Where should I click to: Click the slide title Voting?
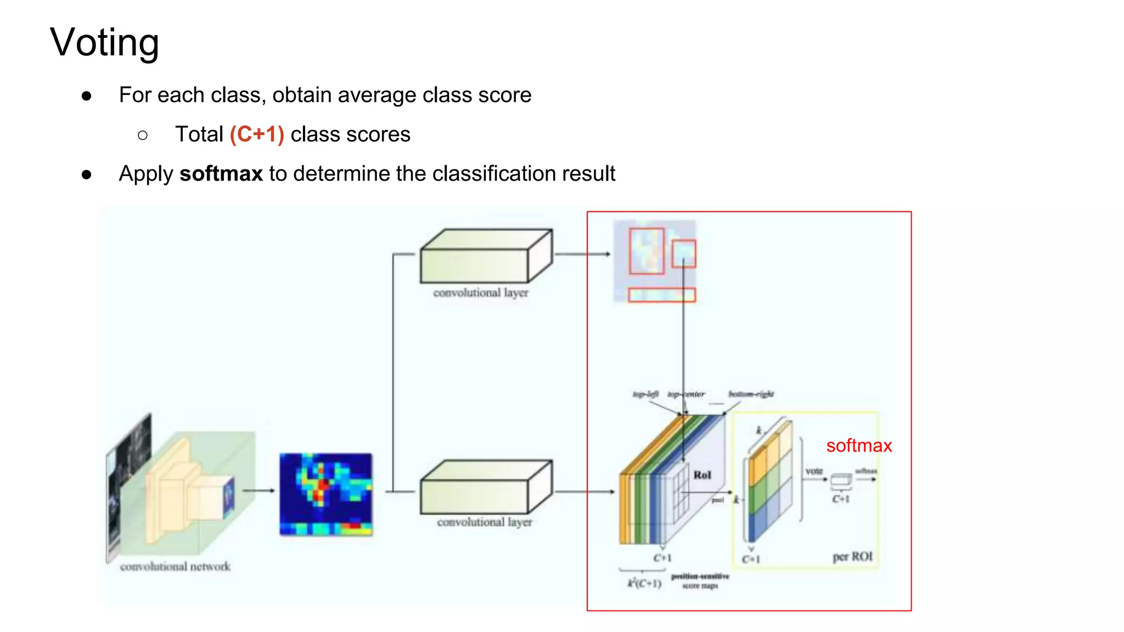pyautogui.click(x=104, y=43)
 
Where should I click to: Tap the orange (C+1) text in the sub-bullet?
pyautogui.click(x=257, y=134)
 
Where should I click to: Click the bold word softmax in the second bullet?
pyautogui.click(x=221, y=174)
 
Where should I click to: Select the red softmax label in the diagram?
pyautogui.click(x=859, y=445)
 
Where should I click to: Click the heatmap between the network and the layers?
pyautogui.click(x=326, y=494)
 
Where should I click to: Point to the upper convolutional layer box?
pyautogui.click(x=486, y=256)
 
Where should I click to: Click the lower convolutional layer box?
pyautogui.click(x=486, y=487)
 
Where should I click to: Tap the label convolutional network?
pyautogui.click(x=175, y=566)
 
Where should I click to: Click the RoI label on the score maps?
pyautogui.click(x=702, y=475)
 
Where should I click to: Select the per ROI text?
pyautogui.click(x=852, y=557)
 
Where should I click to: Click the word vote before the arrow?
pyautogui.click(x=814, y=471)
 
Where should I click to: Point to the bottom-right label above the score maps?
pyautogui.click(x=751, y=394)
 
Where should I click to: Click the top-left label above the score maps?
pyautogui.click(x=645, y=394)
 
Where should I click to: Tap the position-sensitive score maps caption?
pyautogui.click(x=700, y=581)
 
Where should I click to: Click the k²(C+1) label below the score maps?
pyautogui.click(x=644, y=583)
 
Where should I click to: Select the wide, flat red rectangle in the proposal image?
pyautogui.click(x=662, y=295)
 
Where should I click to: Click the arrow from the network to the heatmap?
pyautogui.click(x=258, y=490)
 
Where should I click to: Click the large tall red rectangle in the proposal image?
pyautogui.click(x=647, y=251)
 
